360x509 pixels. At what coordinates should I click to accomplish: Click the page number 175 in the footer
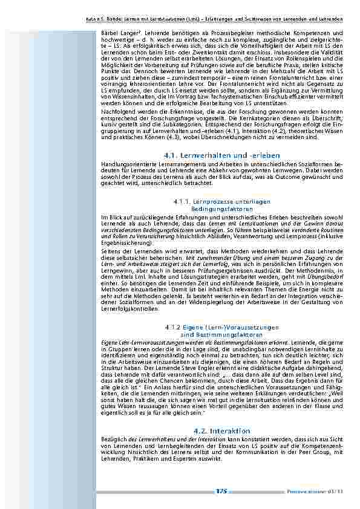pos(221,491)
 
